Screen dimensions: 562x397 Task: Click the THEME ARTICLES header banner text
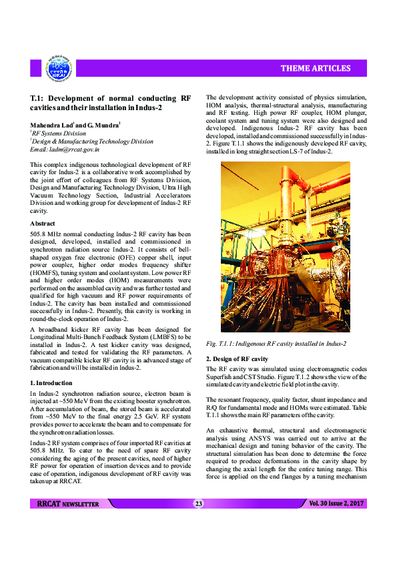[315, 68]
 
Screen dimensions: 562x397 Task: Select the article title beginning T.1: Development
[111, 102]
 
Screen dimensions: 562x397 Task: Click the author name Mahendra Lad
[51, 125]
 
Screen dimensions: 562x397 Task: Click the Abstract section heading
[43, 223]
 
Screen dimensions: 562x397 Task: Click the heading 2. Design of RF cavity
[237, 359]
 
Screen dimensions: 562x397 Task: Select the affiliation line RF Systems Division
[60, 133]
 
